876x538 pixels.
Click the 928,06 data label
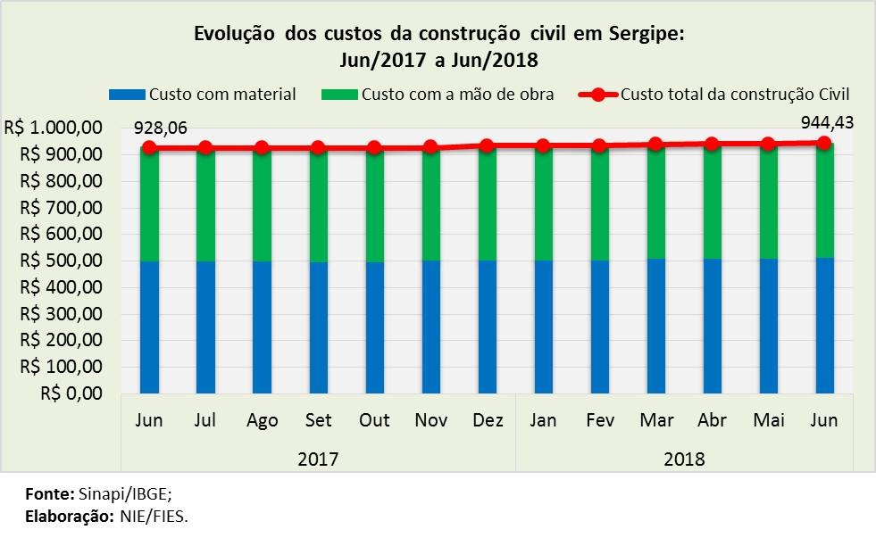[x=160, y=128]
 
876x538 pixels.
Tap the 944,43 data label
[x=827, y=122]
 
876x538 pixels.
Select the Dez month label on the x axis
[x=488, y=420]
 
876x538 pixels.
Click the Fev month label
[x=599, y=420]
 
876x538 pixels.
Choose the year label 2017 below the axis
[x=318, y=459]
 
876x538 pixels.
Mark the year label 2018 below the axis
[x=684, y=459]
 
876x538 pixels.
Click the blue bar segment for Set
[x=319, y=327]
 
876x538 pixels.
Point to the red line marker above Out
[x=375, y=148]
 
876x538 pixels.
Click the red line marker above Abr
[x=712, y=144]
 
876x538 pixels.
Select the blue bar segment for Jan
[x=543, y=327]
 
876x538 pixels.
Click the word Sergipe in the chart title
[x=641, y=36]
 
